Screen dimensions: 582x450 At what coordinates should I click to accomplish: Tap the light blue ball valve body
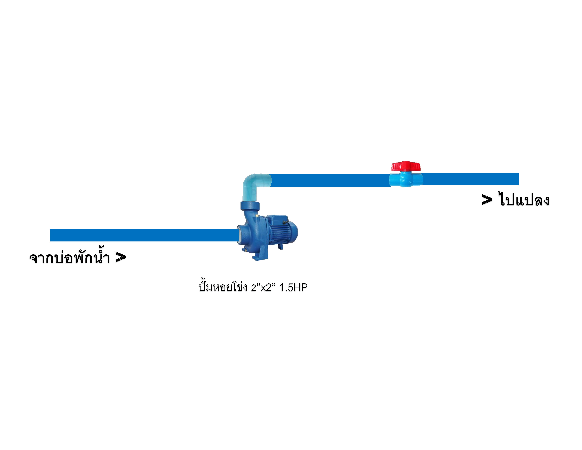coord(406,179)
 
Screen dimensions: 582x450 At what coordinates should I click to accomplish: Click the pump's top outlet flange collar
coord(250,206)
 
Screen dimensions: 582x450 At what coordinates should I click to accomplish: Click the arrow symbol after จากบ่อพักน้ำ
coord(120,257)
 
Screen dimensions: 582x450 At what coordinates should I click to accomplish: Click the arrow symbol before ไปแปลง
coord(487,200)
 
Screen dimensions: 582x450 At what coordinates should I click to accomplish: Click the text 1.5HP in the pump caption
coord(293,287)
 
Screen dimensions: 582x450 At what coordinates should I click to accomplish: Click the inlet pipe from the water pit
coord(144,235)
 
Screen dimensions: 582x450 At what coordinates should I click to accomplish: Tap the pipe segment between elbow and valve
coord(331,180)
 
